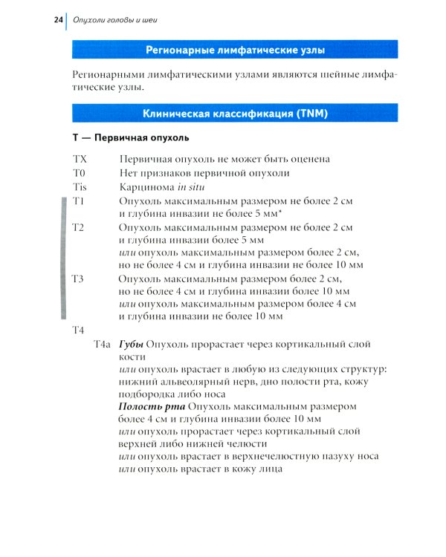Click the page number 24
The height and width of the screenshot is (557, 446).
pyautogui.click(x=58, y=19)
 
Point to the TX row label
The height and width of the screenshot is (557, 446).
pyautogui.click(x=80, y=159)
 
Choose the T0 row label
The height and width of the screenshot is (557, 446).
pyautogui.click(x=80, y=173)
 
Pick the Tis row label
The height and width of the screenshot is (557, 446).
pyautogui.click(x=80, y=186)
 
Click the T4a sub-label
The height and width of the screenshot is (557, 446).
pyautogui.click(x=103, y=345)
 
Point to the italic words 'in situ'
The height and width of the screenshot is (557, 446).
pyautogui.click(x=193, y=186)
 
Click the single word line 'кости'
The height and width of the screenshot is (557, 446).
pyautogui.click(x=132, y=357)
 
